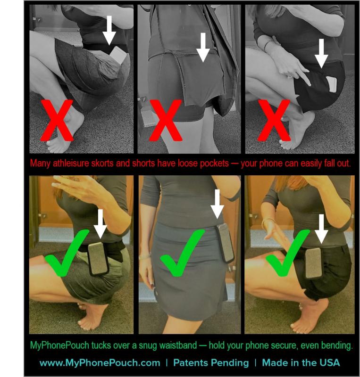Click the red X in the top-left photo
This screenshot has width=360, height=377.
point(57,120)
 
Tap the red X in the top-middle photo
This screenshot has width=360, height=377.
point(166,120)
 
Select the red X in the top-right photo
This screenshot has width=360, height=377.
point(274,120)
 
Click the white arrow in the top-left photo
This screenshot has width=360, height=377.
point(109,30)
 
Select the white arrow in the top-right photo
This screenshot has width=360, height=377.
point(321,53)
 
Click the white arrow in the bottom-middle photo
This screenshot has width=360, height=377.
point(217,204)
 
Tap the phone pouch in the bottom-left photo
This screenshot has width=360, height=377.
point(98,259)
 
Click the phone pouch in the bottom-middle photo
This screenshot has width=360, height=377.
point(225,243)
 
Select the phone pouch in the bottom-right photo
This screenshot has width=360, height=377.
point(313,263)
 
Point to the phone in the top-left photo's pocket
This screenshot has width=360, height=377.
point(118,55)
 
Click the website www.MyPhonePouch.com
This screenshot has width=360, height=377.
point(100,363)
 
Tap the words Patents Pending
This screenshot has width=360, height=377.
point(211,363)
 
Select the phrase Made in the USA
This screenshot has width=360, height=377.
point(301,362)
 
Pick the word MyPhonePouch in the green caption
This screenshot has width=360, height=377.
point(59,346)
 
